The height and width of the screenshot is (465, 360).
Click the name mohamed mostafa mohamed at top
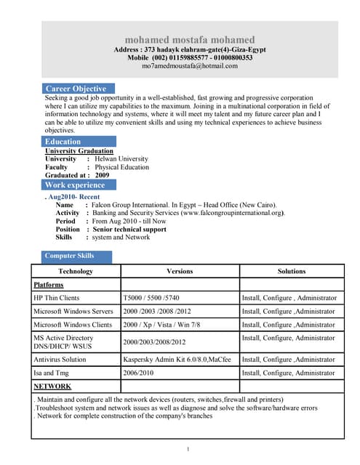[189, 39]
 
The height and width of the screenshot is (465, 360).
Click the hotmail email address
[189, 65]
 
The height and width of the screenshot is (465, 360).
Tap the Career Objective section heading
[75, 89]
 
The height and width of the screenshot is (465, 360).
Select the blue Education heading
[63, 142]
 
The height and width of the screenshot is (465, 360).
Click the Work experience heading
[75, 185]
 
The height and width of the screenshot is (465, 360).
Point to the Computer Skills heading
[69, 256]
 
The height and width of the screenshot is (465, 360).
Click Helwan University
[120, 158]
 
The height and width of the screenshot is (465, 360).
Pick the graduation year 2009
[102, 175]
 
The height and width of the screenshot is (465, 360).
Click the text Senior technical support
[129, 229]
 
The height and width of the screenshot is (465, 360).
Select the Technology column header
[76, 271]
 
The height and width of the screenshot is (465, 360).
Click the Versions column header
[180, 271]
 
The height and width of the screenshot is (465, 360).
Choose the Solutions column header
[292, 271]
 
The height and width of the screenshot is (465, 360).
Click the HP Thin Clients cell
[57, 298]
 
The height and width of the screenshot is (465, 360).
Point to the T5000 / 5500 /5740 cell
[151, 298]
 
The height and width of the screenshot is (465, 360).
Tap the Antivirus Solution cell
[60, 359]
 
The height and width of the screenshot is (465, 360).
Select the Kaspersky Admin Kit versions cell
[177, 359]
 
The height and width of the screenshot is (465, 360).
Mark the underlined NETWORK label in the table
[52, 386]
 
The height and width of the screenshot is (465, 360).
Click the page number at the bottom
[188, 449]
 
